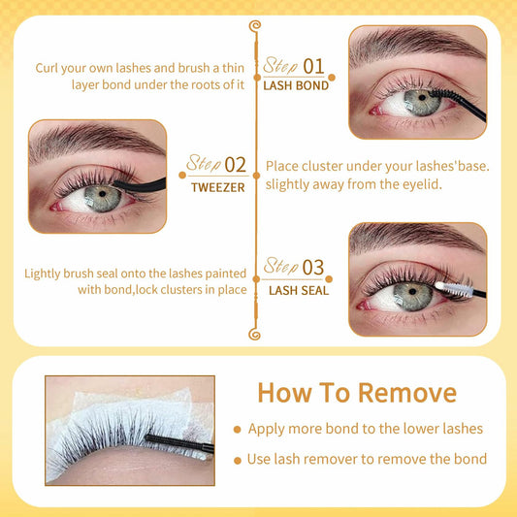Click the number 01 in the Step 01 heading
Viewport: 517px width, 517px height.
(312, 66)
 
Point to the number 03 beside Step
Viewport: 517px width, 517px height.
(313, 267)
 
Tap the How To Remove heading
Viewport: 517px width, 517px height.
(356, 392)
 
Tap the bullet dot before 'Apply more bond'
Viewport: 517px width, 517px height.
(237, 429)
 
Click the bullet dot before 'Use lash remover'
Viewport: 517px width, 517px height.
(237, 459)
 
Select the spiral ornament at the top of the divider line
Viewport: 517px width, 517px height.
(256, 25)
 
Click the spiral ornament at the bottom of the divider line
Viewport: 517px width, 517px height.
(256, 334)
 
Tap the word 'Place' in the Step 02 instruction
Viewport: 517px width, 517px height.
(283, 167)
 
